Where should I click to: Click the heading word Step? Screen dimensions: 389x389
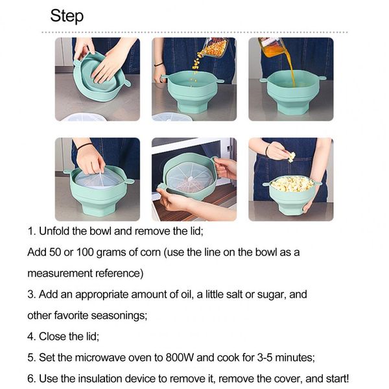pos(67,16)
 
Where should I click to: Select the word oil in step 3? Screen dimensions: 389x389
pos(173,294)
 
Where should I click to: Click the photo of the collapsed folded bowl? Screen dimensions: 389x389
pos(97,79)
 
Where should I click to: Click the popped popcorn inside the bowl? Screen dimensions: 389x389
pos(291,183)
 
